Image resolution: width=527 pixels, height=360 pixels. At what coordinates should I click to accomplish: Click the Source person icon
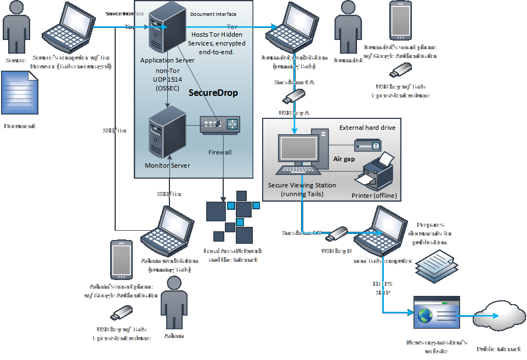pos(15,27)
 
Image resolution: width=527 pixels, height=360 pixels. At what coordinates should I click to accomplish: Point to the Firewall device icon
pos(219,124)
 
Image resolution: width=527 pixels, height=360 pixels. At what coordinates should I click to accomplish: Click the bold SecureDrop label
pos(213,93)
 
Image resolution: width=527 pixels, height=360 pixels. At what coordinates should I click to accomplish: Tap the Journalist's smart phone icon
pos(400,20)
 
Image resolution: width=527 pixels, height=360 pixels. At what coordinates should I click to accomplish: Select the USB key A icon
pos(294,97)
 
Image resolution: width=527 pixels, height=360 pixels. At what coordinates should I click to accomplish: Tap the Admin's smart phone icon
pos(120,260)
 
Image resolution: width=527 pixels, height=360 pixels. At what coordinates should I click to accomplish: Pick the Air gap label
pos(344,159)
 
